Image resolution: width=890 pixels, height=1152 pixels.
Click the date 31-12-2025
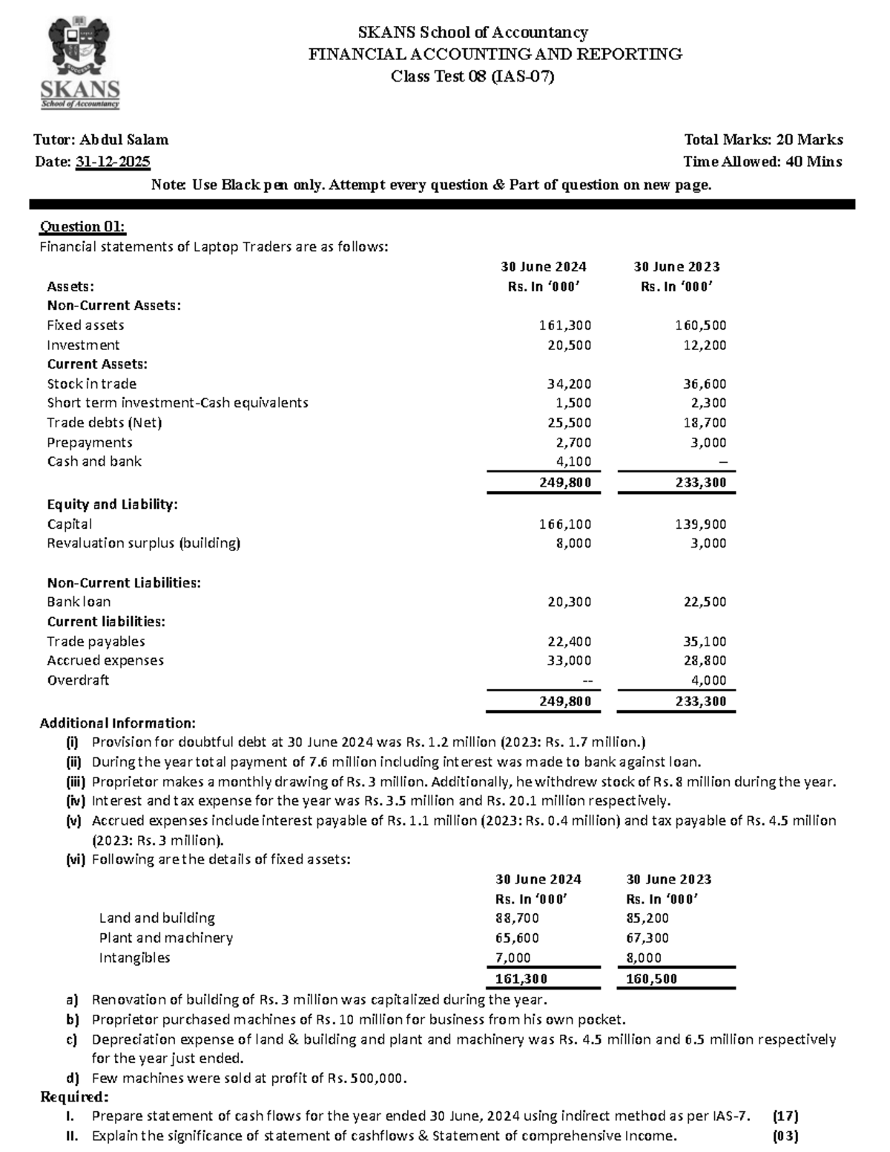pos(113,162)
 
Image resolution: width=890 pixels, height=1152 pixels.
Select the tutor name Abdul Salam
pos(124,139)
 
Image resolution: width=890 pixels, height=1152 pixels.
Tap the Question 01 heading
pos(82,226)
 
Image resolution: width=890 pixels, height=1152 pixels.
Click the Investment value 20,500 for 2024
pos(569,345)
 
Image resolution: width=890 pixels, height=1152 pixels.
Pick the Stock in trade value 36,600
pos(705,384)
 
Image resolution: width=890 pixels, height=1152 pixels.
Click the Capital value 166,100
pos(565,524)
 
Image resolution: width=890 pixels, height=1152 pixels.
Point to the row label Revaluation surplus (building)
pos(144,543)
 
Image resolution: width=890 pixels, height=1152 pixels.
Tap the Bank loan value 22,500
pos(705,602)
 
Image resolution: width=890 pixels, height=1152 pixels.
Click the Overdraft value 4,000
pos(708,680)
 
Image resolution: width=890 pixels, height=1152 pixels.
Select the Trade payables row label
pos(96,641)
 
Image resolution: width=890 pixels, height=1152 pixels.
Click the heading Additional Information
pos(117,723)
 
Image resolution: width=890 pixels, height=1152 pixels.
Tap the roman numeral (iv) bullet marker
pos(76,801)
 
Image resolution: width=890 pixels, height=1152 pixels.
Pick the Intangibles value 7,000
pos(512,958)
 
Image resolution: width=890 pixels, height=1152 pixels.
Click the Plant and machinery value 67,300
pos(647,938)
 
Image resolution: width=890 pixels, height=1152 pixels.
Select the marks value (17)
pos(785,1116)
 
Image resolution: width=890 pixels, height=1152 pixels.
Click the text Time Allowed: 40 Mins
pos(762,162)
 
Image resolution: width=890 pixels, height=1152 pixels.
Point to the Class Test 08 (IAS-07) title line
pos(472,76)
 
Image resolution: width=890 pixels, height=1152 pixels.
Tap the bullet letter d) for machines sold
pos(72,1078)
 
